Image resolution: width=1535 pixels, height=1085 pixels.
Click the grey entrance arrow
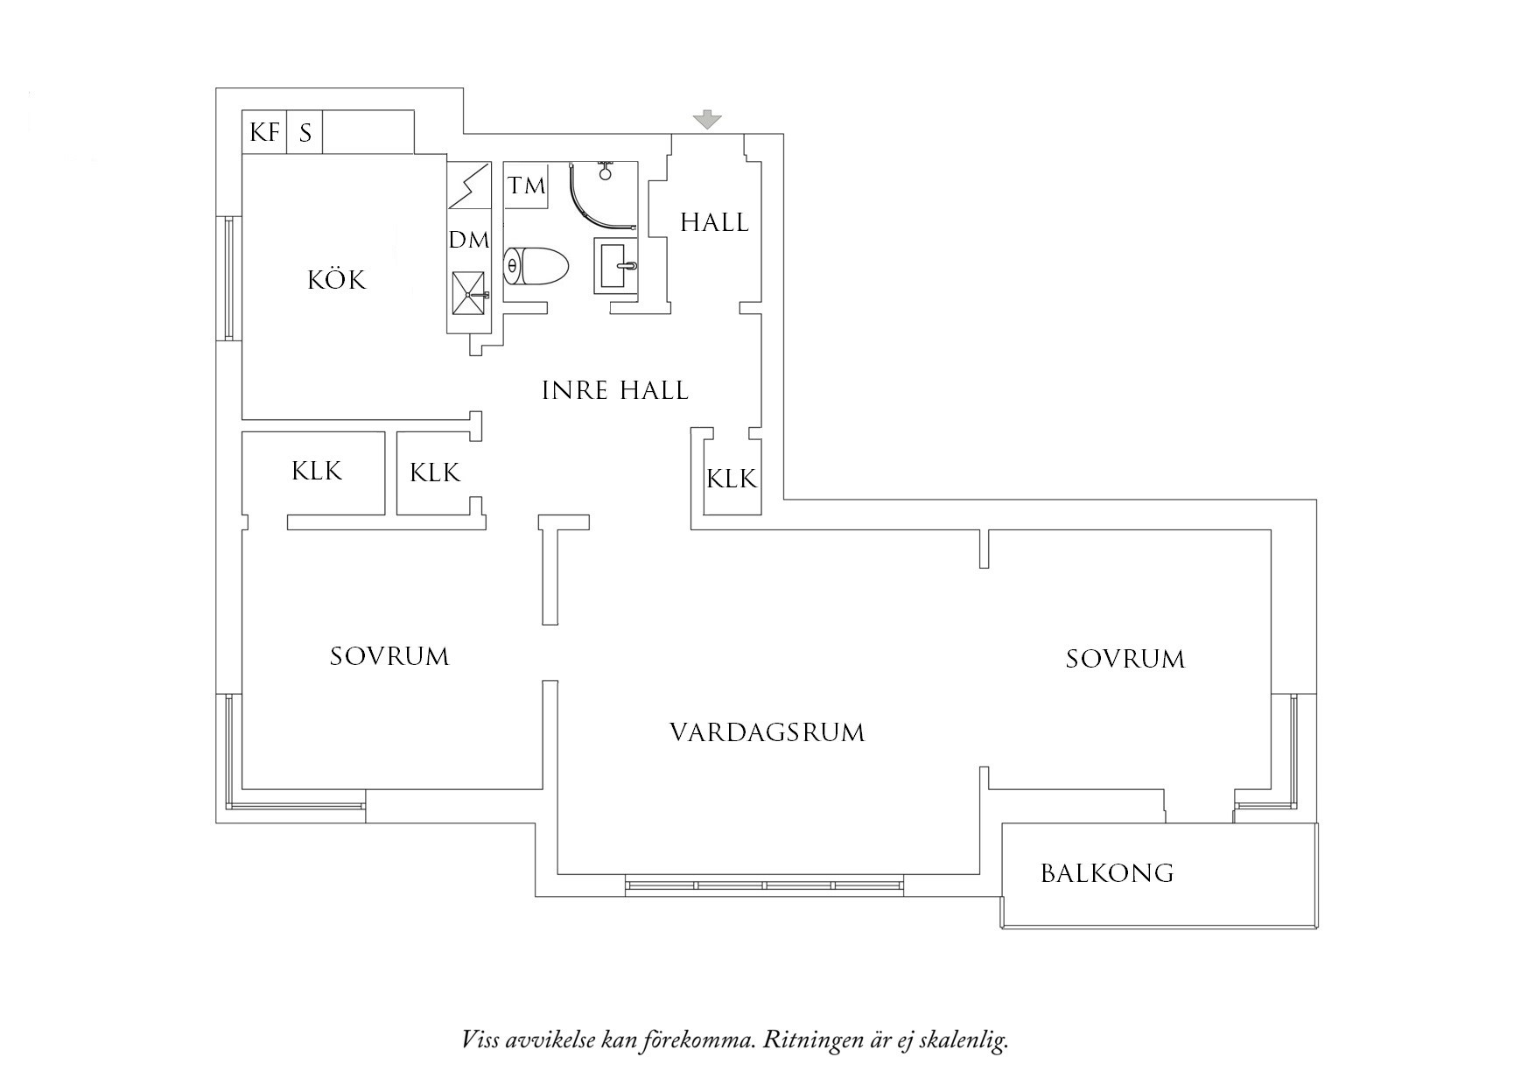tap(707, 120)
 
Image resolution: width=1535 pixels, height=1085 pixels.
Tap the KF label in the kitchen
tap(264, 132)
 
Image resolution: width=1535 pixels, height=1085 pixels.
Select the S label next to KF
tap(305, 134)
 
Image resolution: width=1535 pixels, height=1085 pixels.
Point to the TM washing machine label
tap(527, 185)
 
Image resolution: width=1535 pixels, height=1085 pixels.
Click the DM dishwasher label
tap(469, 240)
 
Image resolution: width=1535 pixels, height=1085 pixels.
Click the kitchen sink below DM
tap(469, 294)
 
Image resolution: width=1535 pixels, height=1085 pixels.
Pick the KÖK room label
tap(336, 280)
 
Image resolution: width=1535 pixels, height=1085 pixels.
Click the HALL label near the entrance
tap(714, 223)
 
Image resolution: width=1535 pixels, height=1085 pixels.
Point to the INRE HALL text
tap(614, 390)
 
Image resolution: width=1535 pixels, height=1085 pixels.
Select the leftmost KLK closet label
tap(317, 472)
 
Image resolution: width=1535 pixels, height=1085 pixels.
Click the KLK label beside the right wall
tap(732, 479)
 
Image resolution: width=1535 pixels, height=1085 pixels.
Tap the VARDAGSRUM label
tap(767, 732)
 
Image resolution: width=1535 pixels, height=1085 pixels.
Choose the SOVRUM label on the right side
tap(1125, 659)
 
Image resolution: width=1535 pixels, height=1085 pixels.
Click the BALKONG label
tap(1106, 873)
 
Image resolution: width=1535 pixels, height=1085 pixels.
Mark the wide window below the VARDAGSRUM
tap(764, 885)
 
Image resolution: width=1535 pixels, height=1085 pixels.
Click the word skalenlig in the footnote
tap(966, 1041)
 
